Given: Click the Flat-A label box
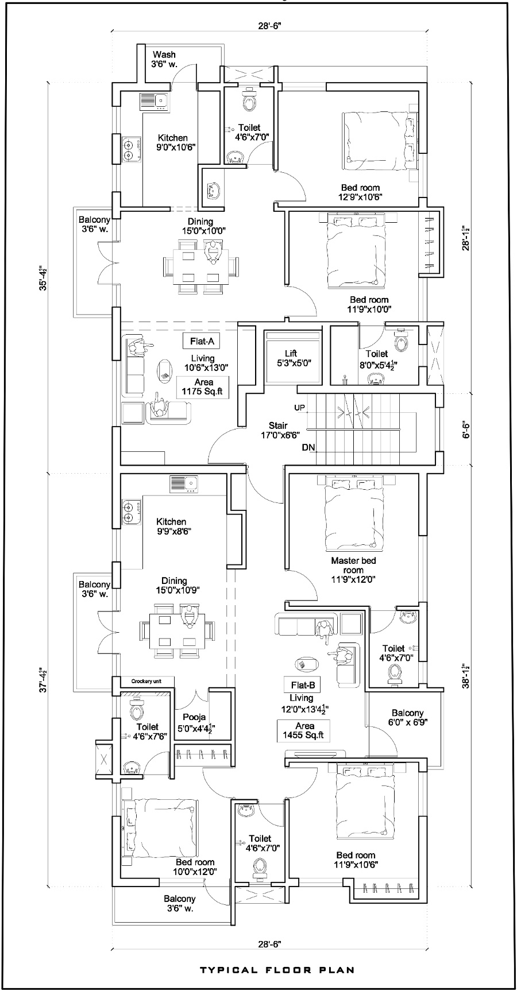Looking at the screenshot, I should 202,342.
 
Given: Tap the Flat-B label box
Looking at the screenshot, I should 302,684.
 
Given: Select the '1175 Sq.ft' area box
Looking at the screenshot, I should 202,388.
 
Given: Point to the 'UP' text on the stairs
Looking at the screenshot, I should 299,407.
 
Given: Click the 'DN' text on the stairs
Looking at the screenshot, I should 307,447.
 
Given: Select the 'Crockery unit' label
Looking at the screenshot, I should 146,681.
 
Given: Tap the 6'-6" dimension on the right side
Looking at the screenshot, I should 466,428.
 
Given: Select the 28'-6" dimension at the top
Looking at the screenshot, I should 269,26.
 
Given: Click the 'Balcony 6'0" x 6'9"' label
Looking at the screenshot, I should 408,717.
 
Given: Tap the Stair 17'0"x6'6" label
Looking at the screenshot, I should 278,431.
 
